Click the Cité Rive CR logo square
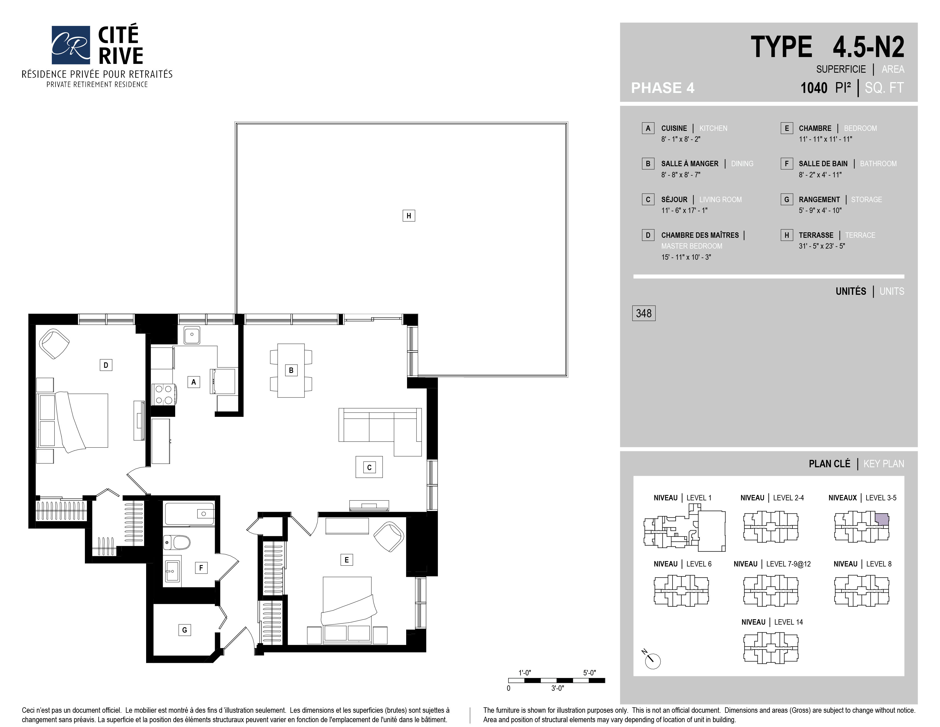pos(71,45)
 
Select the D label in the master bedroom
pos(106,365)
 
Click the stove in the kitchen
pos(164,394)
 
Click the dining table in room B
pos(291,370)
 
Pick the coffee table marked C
pos(369,467)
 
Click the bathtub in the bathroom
pos(189,514)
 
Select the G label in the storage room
pos(185,630)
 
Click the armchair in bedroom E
pos(389,536)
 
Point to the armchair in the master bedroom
pos(54,344)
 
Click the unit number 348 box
pos(643,313)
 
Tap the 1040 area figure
pos(814,88)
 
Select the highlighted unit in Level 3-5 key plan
pos(883,519)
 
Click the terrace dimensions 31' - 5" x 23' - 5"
pos(822,246)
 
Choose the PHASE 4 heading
pos(662,88)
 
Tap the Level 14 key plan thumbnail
pos(771,648)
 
